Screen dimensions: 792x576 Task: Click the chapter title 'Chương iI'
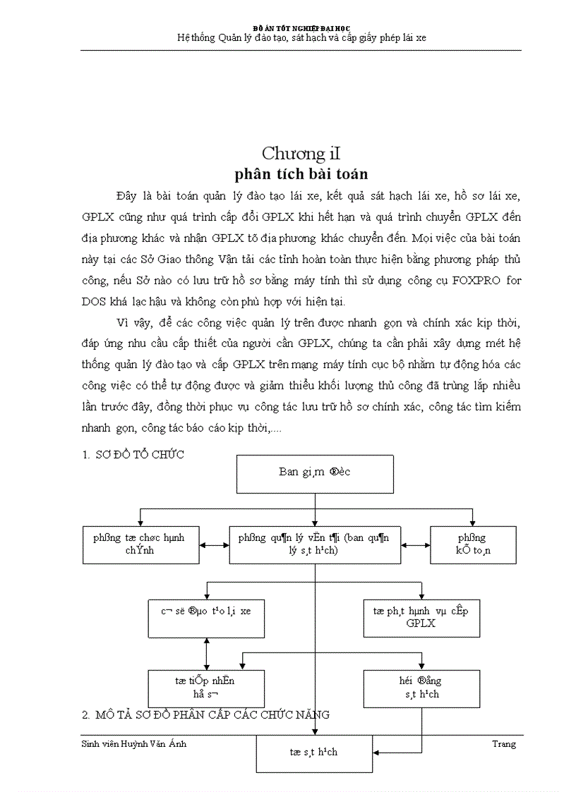pos(301,153)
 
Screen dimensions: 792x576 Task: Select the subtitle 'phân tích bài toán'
pos(301,173)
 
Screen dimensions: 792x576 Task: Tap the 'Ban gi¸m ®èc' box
pos(314,473)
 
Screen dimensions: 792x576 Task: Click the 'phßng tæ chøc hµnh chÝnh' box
pos(139,544)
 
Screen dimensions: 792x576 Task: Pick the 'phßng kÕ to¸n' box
pos(473,544)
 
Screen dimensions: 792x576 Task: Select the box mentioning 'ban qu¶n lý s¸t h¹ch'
pos(315,544)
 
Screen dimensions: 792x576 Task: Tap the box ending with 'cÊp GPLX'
pos(421,617)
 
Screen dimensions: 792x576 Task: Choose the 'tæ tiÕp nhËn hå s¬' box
pos(205,688)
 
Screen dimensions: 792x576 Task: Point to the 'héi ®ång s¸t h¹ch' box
pos(421,688)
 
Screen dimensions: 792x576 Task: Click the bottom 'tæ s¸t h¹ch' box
pos(313,753)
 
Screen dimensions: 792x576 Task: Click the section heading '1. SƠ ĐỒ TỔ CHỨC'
pos(133,455)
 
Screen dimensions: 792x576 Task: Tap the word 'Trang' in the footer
pos(503,744)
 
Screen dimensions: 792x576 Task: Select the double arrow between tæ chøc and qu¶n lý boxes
pos(214,544)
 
